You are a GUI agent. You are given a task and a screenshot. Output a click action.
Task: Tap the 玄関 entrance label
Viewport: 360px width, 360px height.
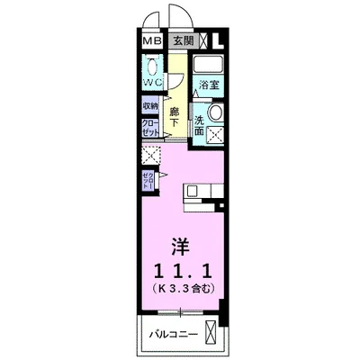click(x=184, y=40)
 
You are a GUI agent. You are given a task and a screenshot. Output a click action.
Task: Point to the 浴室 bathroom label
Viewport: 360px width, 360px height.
click(x=209, y=85)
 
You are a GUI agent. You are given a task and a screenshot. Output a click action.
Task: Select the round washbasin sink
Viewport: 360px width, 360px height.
click(x=216, y=113)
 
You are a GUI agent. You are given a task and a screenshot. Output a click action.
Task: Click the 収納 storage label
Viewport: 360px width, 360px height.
click(x=150, y=105)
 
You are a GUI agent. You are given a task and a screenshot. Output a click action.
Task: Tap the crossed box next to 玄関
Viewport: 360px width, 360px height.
click(x=205, y=40)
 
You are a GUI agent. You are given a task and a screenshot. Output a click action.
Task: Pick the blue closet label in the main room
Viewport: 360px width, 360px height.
click(x=148, y=180)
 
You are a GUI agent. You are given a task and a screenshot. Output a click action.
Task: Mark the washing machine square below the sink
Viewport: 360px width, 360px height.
click(x=216, y=134)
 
